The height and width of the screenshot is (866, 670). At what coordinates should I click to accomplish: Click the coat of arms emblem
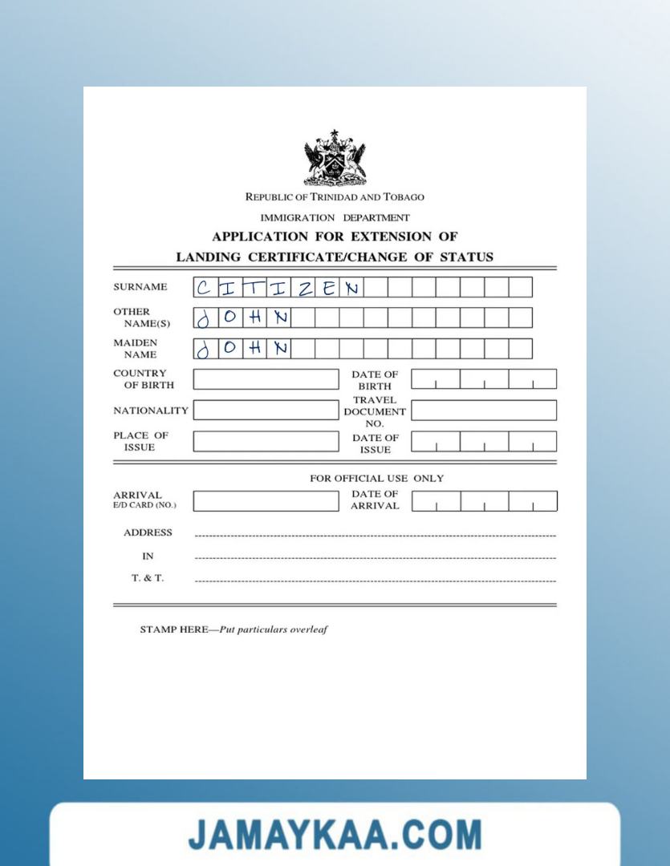(335, 157)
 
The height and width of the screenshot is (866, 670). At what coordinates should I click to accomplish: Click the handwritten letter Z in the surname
(304, 287)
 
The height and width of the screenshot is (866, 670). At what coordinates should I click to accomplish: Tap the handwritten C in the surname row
(205, 287)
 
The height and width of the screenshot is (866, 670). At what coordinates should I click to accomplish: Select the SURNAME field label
(140, 287)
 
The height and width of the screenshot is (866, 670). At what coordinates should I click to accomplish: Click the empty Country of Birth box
(266, 379)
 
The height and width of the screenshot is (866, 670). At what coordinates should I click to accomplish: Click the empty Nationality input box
(266, 411)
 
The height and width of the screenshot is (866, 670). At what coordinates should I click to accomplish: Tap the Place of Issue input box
(266, 442)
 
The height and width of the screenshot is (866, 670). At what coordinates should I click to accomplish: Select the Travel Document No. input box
(484, 411)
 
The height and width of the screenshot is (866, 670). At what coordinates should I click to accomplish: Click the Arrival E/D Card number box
(266, 501)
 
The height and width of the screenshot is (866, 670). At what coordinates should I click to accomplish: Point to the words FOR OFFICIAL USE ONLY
(376, 479)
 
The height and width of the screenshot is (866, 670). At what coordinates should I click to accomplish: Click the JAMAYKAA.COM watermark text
(335, 835)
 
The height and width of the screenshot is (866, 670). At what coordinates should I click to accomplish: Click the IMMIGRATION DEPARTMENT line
(335, 217)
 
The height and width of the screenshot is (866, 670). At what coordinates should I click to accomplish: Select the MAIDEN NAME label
(136, 349)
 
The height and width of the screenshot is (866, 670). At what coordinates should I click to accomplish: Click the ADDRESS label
(148, 532)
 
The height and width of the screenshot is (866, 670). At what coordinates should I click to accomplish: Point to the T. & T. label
(148, 578)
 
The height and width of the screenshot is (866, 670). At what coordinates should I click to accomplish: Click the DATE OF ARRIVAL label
(375, 500)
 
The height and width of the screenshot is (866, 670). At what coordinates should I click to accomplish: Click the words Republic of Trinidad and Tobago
(335, 196)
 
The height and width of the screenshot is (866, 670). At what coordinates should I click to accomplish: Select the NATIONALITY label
(151, 411)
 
